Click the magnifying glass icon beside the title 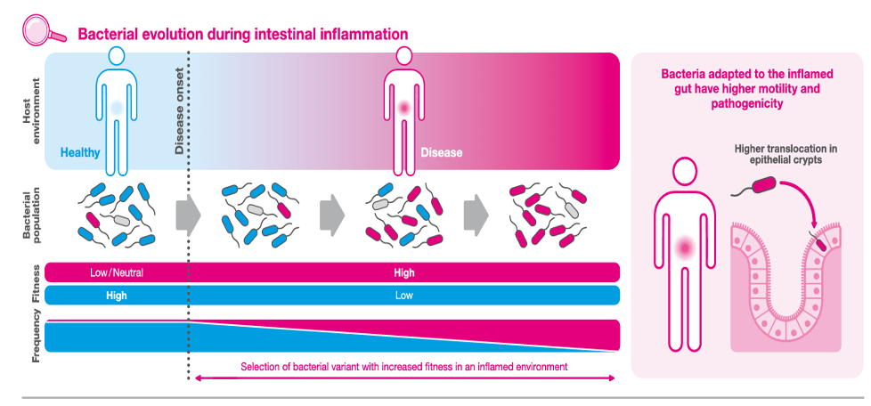click(44, 28)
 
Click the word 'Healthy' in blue click(80, 152)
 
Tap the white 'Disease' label click(441, 151)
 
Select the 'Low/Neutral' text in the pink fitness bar click(116, 272)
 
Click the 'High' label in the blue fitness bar click(116, 296)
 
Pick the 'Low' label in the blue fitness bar click(403, 296)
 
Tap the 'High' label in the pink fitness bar click(403, 272)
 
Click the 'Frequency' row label click(37, 336)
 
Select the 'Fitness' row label click(37, 283)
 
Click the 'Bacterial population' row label click(32, 213)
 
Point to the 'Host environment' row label click(32, 111)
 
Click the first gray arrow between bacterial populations click(188, 213)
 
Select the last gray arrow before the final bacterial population click(476, 213)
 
